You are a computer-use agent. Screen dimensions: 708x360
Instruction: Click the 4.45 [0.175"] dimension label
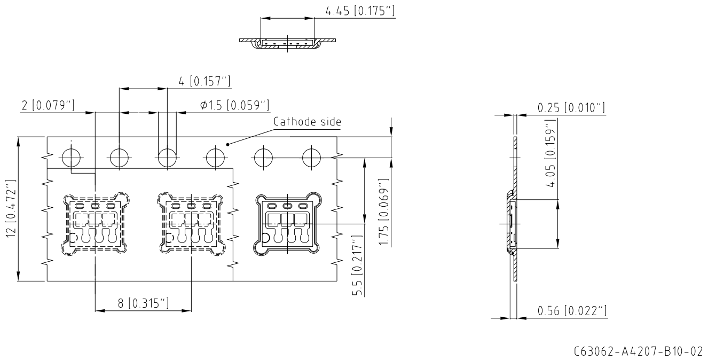[x=360, y=11]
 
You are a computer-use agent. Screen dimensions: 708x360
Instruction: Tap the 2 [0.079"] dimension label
[x=48, y=105]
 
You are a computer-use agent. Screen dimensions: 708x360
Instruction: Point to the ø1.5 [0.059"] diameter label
[x=234, y=105]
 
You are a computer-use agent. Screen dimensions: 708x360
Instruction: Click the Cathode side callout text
[x=307, y=122]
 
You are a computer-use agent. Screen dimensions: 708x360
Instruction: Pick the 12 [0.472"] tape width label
[x=11, y=209]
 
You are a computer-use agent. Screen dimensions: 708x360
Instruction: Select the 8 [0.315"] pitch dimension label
[x=143, y=303]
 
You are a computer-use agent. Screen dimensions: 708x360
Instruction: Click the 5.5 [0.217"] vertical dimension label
[x=358, y=265]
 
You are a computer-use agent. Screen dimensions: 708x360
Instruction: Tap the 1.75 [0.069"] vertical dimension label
[x=384, y=212]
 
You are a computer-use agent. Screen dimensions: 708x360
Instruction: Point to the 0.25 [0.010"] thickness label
[x=571, y=108]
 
